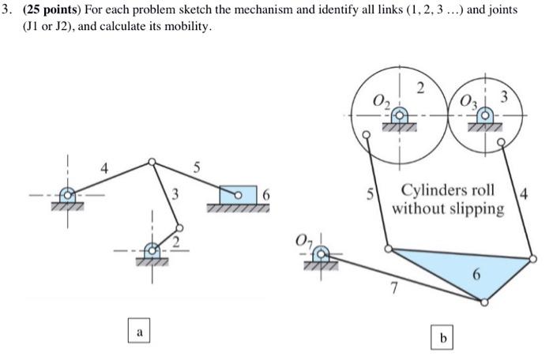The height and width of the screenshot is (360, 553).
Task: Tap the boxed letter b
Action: click(443, 337)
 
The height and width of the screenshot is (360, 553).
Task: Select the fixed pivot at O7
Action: click(321, 254)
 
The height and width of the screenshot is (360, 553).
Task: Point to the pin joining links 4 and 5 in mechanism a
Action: click(152, 163)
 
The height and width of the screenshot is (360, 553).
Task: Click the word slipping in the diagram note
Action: click(476, 208)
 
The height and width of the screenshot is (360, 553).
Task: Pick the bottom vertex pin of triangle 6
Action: click(484, 301)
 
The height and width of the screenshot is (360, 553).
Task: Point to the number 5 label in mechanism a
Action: click(197, 167)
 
